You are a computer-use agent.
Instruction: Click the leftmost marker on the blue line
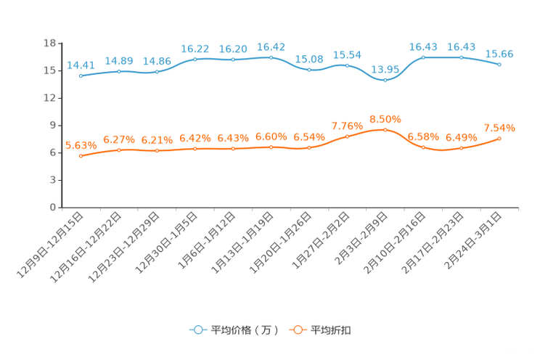pyautogui.click(x=81, y=75)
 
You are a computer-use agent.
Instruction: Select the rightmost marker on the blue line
pyautogui.click(x=499, y=64)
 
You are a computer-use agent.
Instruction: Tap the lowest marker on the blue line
pyautogui.click(x=385, y=80)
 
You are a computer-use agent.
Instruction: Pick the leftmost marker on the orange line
pyautogui.click(x=81, y=155)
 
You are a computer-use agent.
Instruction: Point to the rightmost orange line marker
pyautogui.click(x=499, y=138)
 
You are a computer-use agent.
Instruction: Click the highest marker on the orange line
pyautogui.click(x=385, y=129)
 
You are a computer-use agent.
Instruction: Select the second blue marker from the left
pyautogui.click(x=119, y=71)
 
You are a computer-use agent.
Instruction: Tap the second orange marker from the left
pyautogui.click(x=119, y=150)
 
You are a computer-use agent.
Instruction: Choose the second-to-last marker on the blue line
pyautogui.click(x=462, y=57)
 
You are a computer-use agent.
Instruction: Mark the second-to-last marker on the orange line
pyautogui.click(x=462, y=149)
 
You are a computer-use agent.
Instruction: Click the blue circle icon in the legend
pyautogui.click(x=197, y=330)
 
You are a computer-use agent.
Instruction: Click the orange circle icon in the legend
pyautogui.click(x=297, y=330)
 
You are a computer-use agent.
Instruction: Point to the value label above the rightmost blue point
pyautogui.click(x=499, y=53)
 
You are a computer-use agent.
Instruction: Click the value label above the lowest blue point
pyautogui.click(x=385, y=69)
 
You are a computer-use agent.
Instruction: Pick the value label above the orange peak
pyautogui.click(x=385, y=118)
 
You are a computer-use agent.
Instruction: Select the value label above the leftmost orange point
pyautogui.click(x=77, y=144)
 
